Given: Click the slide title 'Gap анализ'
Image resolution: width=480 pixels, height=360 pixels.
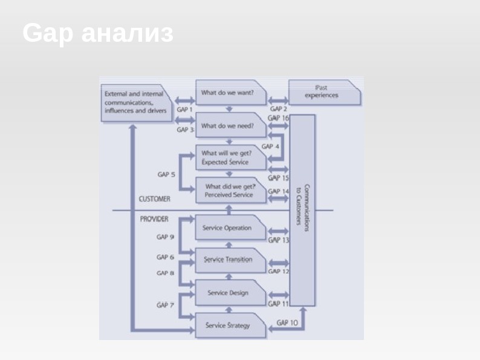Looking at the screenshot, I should click(x=98, y=34).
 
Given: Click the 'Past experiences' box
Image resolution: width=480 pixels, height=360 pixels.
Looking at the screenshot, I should click(x=324, y=92).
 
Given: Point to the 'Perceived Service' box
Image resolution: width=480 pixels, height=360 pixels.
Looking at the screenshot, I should click(x=230, y=191).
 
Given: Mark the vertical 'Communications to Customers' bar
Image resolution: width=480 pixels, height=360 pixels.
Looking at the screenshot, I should click(x=303, y=209).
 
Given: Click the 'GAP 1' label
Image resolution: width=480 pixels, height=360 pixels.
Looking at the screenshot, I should click(x=184, y=110).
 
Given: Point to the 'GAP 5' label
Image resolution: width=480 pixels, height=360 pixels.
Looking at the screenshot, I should click(x=166, y=175).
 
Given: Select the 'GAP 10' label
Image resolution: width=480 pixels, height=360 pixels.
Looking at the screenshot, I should click(x=287, y=323).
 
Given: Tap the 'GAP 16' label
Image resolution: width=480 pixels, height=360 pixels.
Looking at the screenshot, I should click(x=279, y=119).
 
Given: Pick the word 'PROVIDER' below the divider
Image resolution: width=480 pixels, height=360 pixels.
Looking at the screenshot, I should click(x=154, y=219).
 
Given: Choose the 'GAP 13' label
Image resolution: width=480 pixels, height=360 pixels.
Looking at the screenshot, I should click(x=279, y=240).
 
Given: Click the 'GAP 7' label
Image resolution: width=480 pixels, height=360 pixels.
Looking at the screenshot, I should click(x=165, y=305).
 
